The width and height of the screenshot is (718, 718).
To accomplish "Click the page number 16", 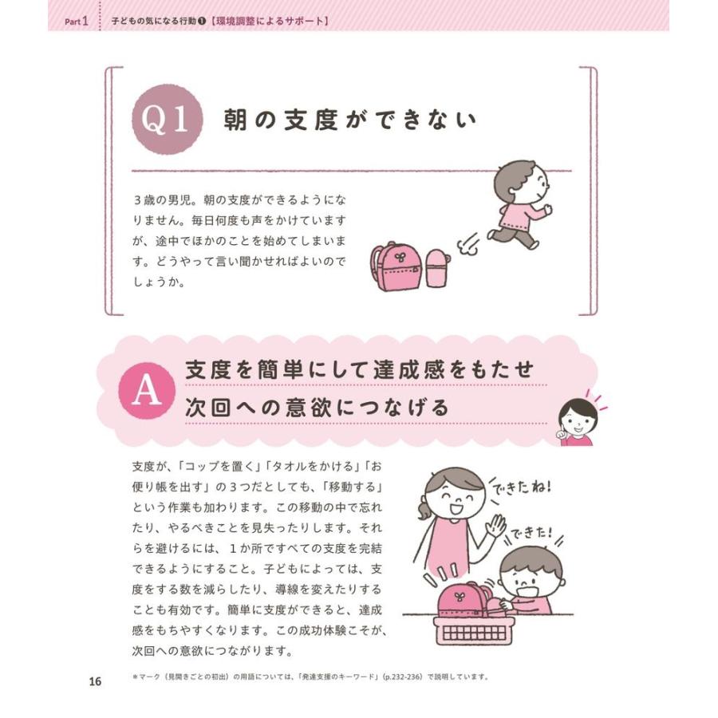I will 95,681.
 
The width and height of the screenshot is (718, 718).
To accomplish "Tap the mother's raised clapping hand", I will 496,527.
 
